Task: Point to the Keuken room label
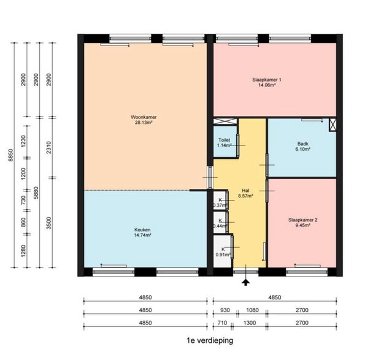click(142, 231)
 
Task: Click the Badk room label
click(302, 145)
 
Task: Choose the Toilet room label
click(224, 140)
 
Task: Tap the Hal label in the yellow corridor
click(245, 191)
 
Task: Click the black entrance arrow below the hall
click(246, 281)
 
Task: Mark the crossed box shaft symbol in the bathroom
click(333, 124)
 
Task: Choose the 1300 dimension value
click(250, 323)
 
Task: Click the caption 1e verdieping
click(210, 340)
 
